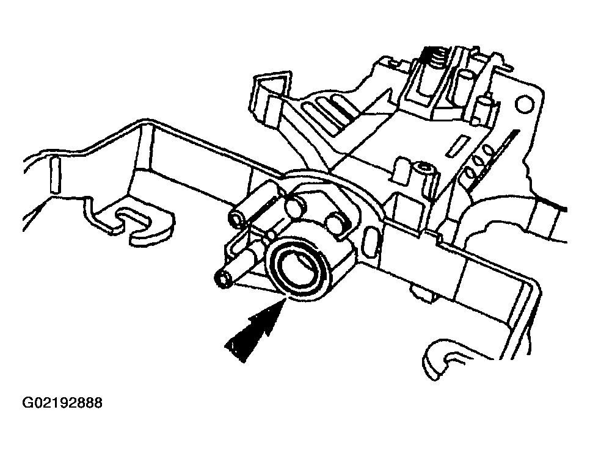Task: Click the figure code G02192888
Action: coord(62,403)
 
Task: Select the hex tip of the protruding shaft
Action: coord(222,280)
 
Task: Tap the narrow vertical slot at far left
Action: coord(55,175)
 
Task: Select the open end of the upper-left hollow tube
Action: coord(237,220)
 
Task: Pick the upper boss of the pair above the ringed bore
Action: coord(296,206)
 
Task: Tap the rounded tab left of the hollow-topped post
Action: coord(401,171)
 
